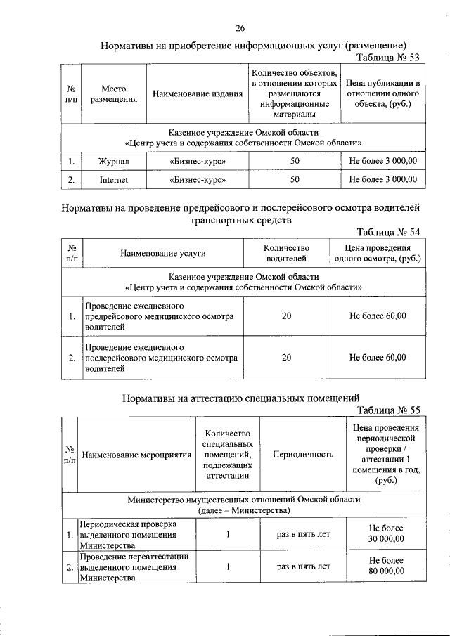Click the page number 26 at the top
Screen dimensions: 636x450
click(240, 28)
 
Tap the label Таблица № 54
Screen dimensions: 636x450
click(389, 233)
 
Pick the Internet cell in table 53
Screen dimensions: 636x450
click(113, 180)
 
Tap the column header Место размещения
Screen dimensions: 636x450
click(113, 94)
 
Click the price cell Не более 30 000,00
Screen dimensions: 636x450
click(386, 534)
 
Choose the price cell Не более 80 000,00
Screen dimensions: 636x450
click(386, 566)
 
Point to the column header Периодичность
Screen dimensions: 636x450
click(302, 455)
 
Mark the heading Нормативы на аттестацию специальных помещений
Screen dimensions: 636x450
click(241, 398)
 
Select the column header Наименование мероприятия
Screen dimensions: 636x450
click(136, 455)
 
